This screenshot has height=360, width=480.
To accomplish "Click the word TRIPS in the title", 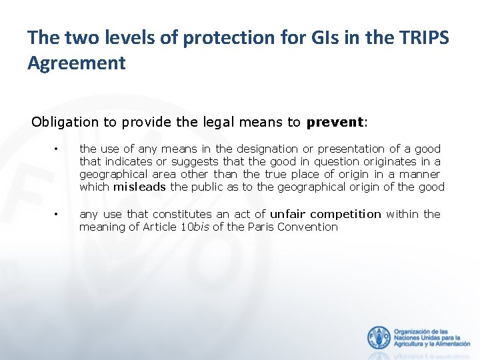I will pyautogui.click(x=427, y=37).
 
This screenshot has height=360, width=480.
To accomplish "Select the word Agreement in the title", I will pyautogui.click(x=76, y=63).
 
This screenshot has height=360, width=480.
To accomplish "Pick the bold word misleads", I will pyautogui.click(x=139, y=187).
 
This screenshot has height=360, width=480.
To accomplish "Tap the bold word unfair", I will pyautogui.click(x=288, y=214).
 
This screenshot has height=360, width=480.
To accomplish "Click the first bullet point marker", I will pyautogui.click(x=58, y=149).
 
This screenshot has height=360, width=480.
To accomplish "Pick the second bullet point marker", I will pyautogui.click(x=58, y=214).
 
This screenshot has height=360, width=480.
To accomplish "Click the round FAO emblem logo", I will pyautogui.click(x=379, y=337).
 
